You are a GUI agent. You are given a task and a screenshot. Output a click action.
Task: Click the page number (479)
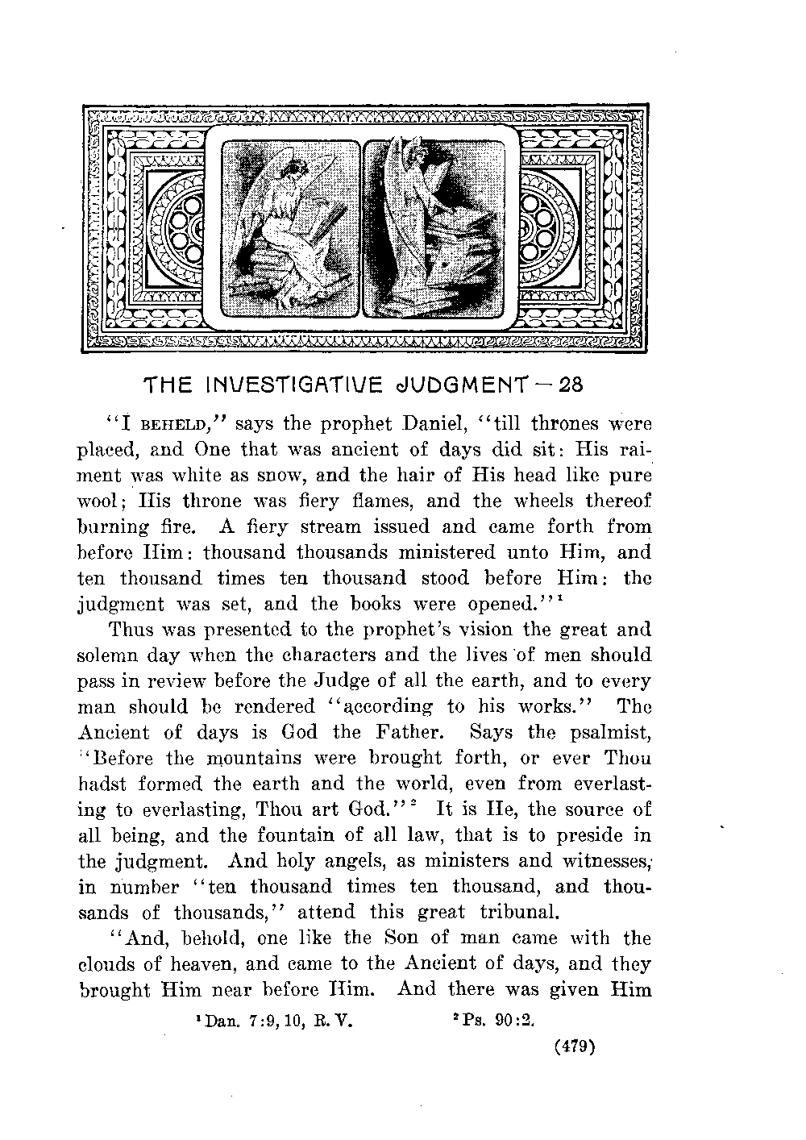(x=575, y=1047)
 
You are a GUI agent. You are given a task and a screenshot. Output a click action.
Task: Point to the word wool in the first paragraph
(x=103, y=501)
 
